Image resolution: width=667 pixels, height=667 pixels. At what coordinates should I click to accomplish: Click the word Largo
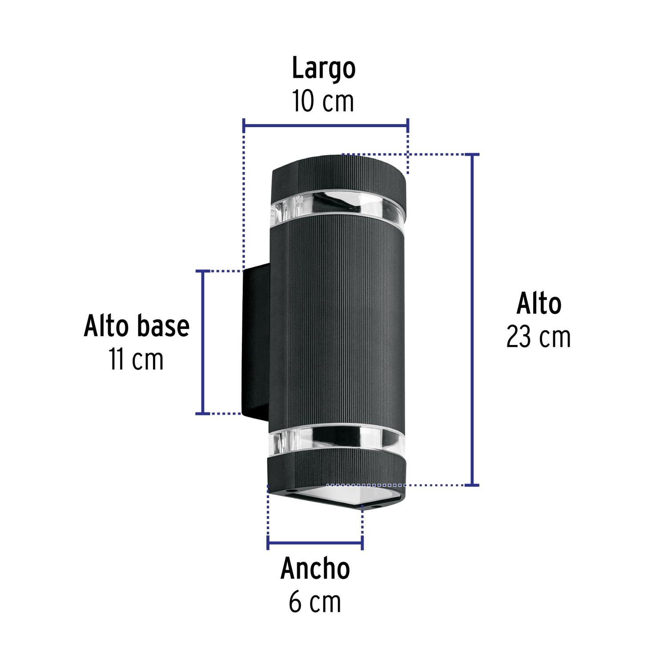click(x=324, y=69)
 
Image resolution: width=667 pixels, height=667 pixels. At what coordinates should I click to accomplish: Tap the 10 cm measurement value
click(x=323, y=102)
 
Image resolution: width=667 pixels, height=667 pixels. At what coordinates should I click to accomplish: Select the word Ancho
click(x=315, y=569)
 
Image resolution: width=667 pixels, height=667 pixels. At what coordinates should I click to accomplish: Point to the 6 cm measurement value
click(x=315, y=602)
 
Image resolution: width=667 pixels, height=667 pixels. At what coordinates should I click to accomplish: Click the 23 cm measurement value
click(x=538, y=338)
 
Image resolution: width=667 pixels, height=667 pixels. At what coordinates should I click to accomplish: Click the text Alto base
click(x=137, y=326)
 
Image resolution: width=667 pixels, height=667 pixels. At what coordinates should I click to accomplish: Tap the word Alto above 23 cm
click(x=539, y=304)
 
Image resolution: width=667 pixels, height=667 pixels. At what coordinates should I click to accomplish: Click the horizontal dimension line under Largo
click(x=326, y=126)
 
